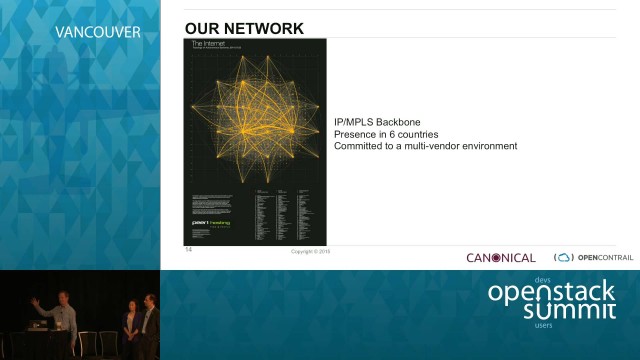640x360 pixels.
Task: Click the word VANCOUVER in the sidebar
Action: click(x=97, y=32)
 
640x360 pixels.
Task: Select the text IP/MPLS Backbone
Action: click(x=378, y=122)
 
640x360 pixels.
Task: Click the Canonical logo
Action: click(x=500, y=258)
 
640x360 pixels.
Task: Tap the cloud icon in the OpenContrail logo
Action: click(x=564, y=258)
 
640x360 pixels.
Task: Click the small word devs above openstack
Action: click(x=543, y=279)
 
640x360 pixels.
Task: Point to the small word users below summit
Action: click(x=543, y=325)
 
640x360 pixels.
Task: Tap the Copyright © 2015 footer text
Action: click(x=310, y=251)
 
